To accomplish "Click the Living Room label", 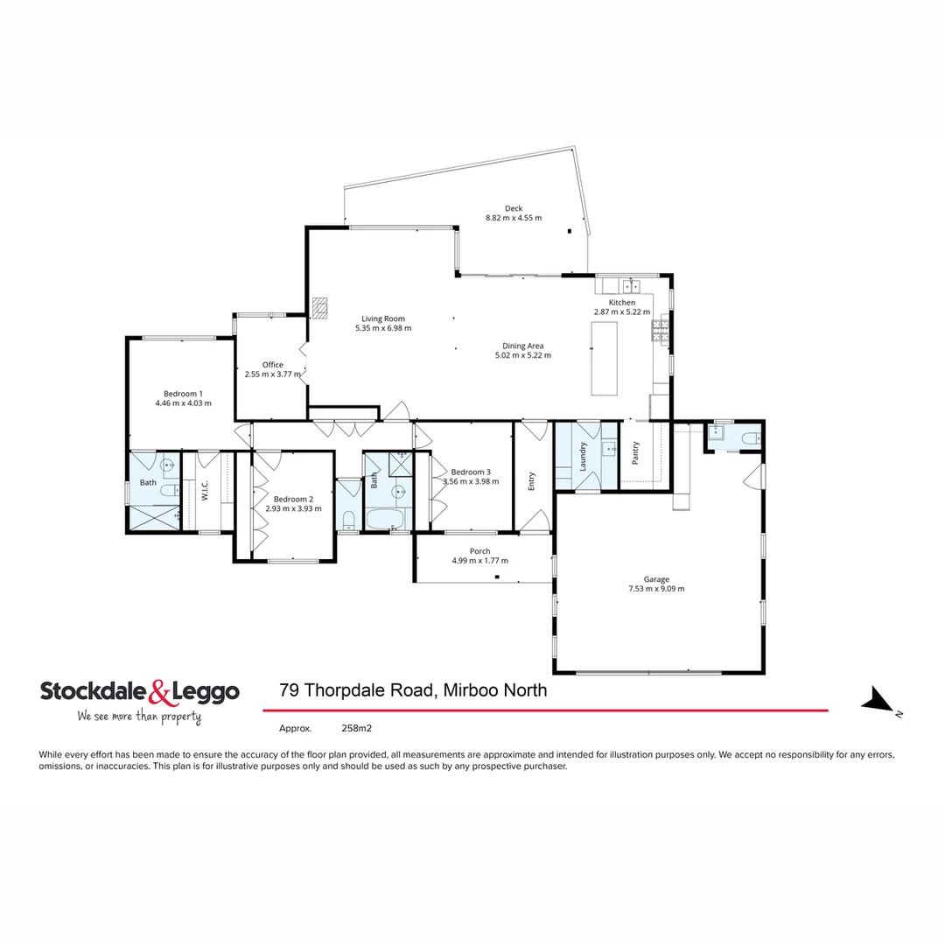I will click(x=382, y=318).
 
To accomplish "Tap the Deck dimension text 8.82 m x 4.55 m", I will click(x=513, y=218).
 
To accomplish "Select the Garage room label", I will click(x=656, y=578).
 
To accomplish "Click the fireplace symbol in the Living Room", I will click(x=320, y=307).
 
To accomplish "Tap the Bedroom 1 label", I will click(x=183, y=393).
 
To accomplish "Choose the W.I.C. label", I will click(x=205, y=490).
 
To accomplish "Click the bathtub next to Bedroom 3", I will click(x=385, y=520).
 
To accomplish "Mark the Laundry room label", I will click(x=582, y=456).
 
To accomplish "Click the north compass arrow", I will click(x=878, y=701).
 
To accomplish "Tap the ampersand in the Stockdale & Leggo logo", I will click(x=159, y=692).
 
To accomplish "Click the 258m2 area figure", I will click(x=356, y=727).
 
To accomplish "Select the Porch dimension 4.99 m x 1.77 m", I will click(x=479, y=561).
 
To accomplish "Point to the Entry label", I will click(x=531, y=480).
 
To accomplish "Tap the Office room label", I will click(x=272, y=365).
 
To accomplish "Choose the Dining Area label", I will click(x=526, y=346).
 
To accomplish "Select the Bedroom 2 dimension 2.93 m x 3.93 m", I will click(x=293, y=508).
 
